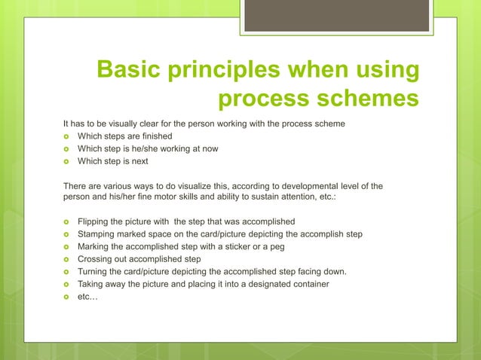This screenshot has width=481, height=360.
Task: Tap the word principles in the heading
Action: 233,72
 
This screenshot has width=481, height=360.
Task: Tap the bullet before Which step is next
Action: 66,161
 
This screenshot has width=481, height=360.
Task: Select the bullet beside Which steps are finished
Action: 66,136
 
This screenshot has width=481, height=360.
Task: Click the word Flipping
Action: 95,221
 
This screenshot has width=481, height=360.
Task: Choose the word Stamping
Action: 98,234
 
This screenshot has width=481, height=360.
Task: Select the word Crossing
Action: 97,259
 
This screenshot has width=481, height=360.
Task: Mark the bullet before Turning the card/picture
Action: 66,272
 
